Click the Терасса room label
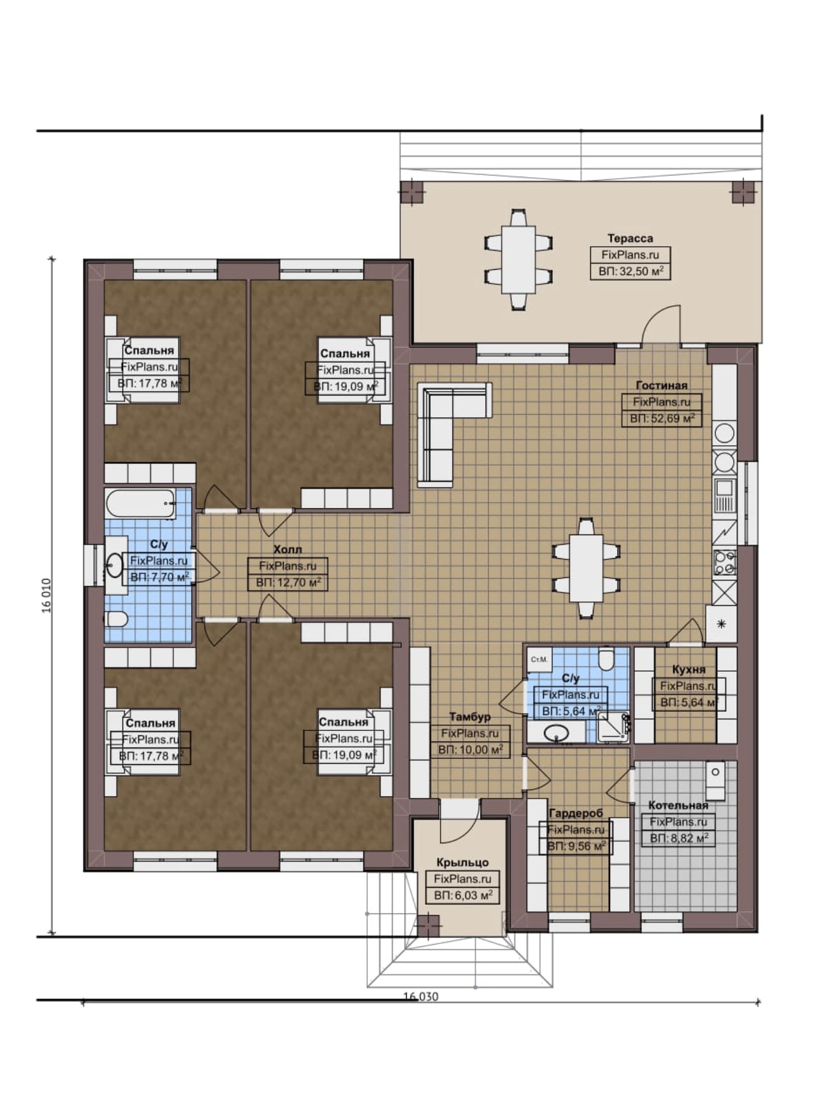[630, 239]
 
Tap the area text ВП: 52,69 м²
[662, 418]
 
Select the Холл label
[288, 549]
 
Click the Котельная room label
[678, 806]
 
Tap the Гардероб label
[576, 813]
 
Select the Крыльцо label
[462, 862]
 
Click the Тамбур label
[470, 717]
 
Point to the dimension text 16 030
[421, 996]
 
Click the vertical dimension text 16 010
[47, 595]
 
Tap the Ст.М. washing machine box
[539, 659]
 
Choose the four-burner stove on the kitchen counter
[724, 562]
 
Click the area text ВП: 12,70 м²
[288, 582]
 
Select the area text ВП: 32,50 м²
[630, 271]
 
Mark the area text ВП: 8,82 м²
[678, 838]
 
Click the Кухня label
[688, 669]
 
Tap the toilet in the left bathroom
[117, 619]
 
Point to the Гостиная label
[662, 385]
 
